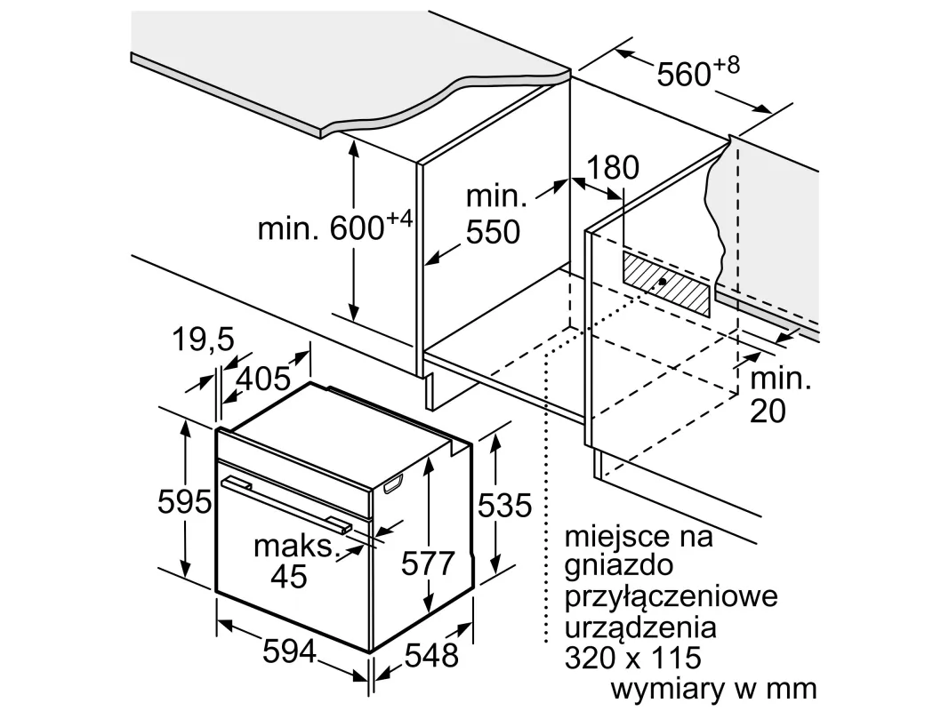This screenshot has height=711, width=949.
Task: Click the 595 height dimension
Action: (x=185, y=501)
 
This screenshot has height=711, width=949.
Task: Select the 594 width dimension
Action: (x=290, y=651)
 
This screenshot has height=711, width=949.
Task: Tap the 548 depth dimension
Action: (x=431, y=655)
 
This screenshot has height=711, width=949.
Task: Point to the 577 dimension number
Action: (x=428, y=563)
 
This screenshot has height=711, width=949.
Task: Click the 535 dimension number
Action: (x=505, y=506)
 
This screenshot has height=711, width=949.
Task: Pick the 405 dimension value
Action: (x=263, y=379)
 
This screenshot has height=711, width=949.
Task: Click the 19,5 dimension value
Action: (x=204, y=340)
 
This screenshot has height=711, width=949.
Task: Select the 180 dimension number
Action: (x=613, y=167)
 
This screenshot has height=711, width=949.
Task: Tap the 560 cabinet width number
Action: (x=684, y=75)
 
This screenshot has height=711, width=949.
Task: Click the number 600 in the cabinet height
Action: (x=357, y=228)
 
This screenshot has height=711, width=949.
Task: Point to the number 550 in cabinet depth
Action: (x=494, y=232)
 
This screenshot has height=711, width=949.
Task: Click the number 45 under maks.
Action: (x=289, y=576)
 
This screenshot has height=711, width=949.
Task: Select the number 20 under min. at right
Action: (x=768, y=411)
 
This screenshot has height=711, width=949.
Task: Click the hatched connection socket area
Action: (x=666, y=284)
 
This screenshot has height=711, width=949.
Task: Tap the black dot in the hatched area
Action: (x=663, y=281)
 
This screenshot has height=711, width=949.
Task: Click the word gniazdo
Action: (x=618, y=566)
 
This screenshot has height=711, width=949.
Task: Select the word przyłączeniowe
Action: (x=671, y=597)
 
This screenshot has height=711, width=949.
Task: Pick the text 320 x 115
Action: (x=633, y=657)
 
